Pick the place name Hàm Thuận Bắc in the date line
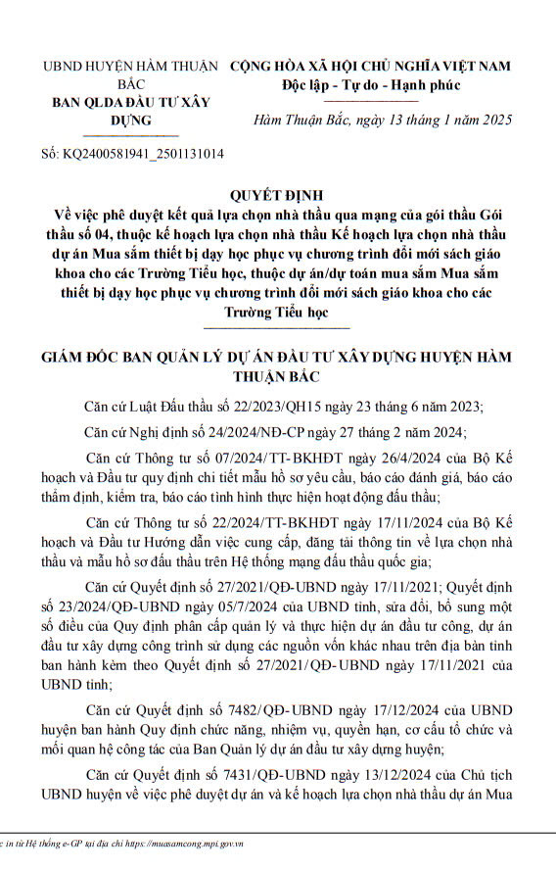[301, 120]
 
